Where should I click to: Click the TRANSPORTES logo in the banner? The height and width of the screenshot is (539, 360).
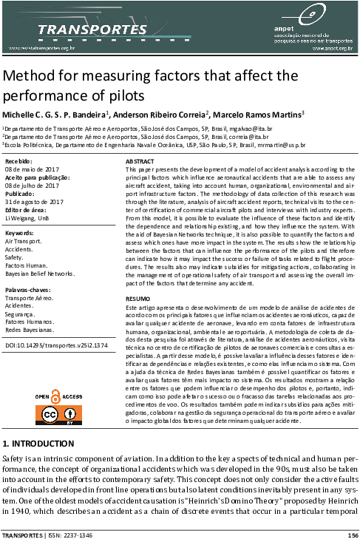pyautogui.click(x=92, y=30)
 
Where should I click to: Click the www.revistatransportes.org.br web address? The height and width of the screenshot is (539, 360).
pyautogui.click(x=41, y=48)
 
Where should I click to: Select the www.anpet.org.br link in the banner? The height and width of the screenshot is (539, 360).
pyautogui.click(x=333, y=49)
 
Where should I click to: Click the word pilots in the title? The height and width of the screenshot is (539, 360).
pyautogui.click(x=126, y=95)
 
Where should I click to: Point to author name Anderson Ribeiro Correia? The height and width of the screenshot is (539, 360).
pyautogui.click(x=159, y=115)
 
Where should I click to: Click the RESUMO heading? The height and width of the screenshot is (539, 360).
pyautogui.click(x=138, y=299)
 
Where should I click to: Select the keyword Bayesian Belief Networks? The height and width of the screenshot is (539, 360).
pyautogui.click(x=40, y=274)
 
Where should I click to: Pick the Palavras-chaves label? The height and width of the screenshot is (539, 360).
pyautogui.click(x=28, y=290)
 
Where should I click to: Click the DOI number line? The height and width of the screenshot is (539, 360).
pyautogui.click(x=56, y=345)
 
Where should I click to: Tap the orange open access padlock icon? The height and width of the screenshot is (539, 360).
pyautogui.click(x=55, y=396)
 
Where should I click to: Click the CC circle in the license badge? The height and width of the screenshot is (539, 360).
pyautogui.click(x=50, y=415)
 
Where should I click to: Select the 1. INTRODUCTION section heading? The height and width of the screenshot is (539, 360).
pyautogui.click(x=38, y=444)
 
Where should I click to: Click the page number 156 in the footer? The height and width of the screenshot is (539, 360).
pyautogui.click(x=353, y=535)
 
